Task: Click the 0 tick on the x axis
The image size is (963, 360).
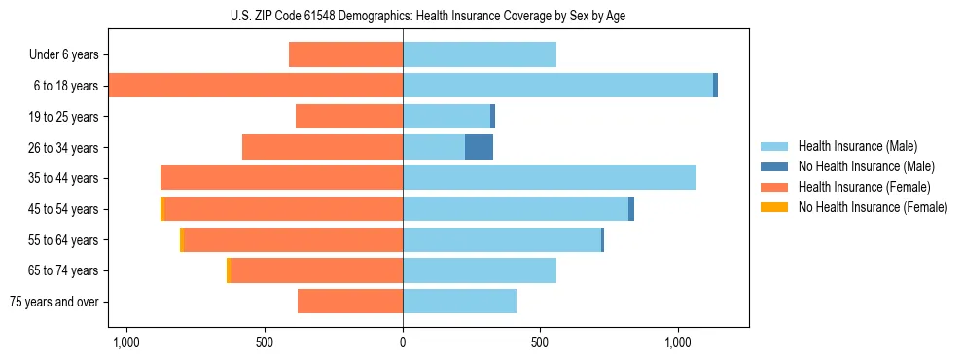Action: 403,342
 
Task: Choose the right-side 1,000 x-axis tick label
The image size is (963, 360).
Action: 678,342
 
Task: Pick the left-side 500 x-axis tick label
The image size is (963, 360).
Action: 265,342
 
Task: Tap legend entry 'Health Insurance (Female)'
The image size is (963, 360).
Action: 864,187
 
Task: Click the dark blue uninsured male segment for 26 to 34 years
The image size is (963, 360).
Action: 479,148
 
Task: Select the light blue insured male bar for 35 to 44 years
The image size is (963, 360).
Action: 550,178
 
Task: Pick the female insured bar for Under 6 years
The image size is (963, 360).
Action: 345,55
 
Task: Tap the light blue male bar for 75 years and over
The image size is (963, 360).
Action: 459,302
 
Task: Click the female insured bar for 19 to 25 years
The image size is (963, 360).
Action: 349,117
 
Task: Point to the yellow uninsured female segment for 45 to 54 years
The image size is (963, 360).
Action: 162,209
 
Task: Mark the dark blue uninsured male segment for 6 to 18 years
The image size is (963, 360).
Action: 715,86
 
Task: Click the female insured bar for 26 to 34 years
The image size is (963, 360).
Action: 322,148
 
